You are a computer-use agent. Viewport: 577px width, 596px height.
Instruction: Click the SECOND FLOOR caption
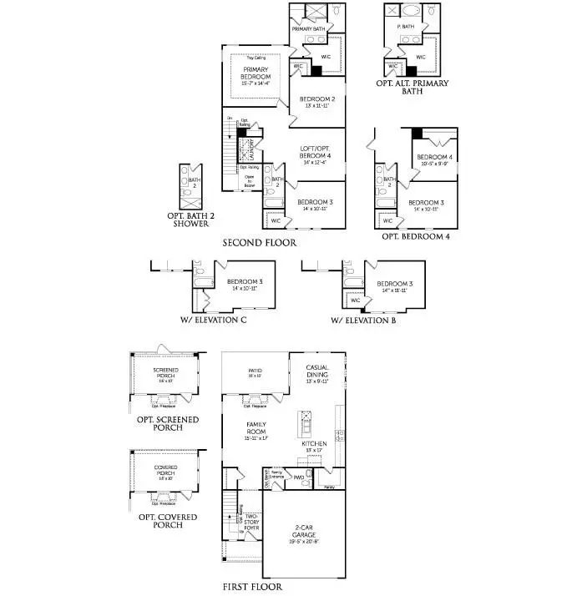(x=259, y=242)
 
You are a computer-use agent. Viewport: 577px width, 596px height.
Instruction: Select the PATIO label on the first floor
(x=255, y=372)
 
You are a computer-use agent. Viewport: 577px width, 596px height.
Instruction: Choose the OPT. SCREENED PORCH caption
(x=167, y=423)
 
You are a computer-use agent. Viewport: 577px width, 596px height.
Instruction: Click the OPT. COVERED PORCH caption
(x=167, y=521)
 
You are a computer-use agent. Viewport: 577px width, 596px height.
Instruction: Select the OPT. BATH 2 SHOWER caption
(x=191, y=220)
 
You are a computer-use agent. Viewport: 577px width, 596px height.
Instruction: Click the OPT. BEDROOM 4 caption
(x=415, y=236)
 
